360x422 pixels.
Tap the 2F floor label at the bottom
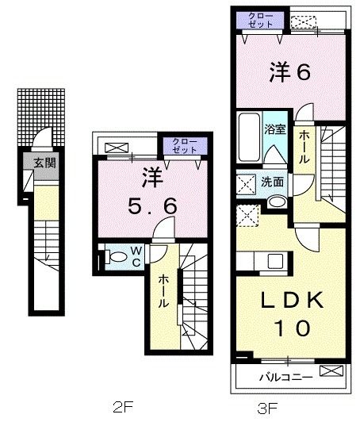(121, 409)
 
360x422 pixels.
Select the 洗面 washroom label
(274, 181)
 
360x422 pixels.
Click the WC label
(136, 255)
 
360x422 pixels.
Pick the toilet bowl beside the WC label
(116, 255)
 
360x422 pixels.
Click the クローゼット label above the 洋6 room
(262, 19)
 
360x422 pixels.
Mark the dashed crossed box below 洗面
(249, 214)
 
